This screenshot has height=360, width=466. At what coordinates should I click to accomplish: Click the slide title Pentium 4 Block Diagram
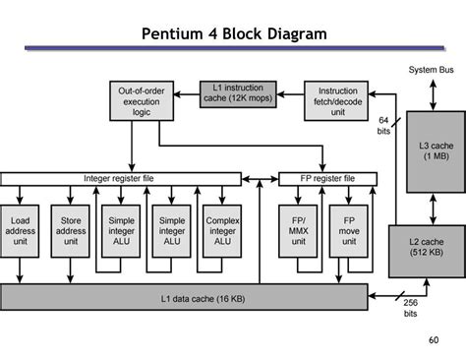[233, 35]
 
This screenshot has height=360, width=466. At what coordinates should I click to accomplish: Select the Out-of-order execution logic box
[140, 101]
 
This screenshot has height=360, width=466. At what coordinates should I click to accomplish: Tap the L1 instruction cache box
[238, 94]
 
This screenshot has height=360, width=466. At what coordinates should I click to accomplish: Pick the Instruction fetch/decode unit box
[336, 101]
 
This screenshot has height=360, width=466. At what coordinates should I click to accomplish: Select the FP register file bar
[317, 178]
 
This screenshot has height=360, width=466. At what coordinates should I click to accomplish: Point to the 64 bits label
[384, 125]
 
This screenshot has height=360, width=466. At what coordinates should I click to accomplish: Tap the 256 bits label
[410, 309]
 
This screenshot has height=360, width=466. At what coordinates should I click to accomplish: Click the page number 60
[434, 340]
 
